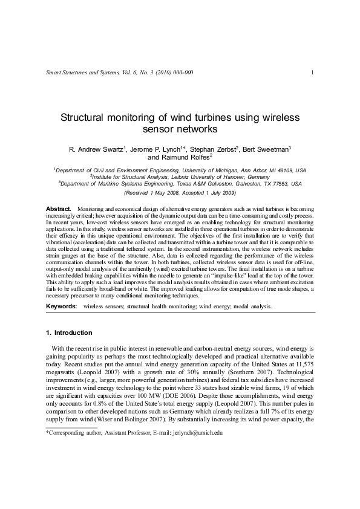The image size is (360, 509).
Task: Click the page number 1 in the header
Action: point(311,73)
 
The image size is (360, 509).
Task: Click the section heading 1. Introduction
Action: point(70,332)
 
